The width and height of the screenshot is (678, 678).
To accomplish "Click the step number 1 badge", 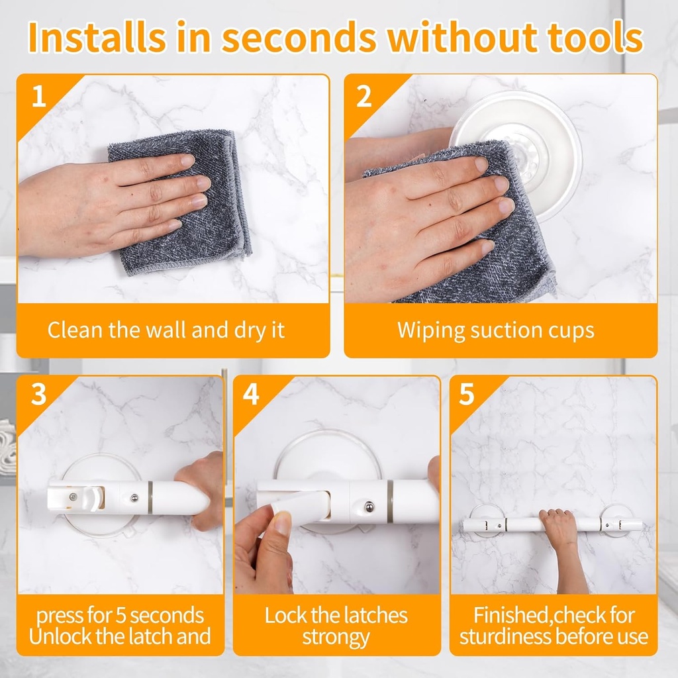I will point(39,97).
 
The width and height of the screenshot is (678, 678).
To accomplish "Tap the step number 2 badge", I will point(364,97).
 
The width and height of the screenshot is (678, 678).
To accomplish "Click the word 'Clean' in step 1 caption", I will point(75,330).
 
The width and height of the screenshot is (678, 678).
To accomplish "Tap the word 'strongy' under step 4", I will point(336,638).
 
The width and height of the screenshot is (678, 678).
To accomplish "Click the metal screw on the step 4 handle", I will point(369,507).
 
